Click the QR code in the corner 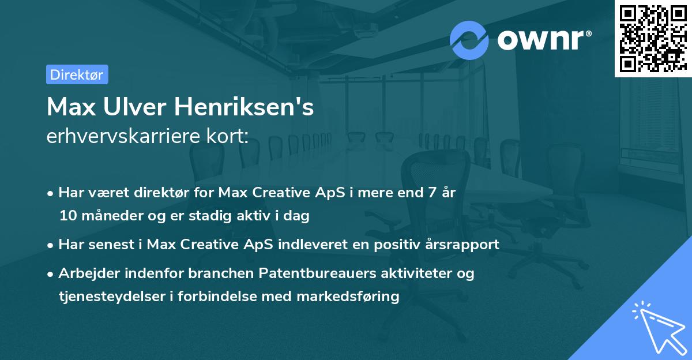[653, 38]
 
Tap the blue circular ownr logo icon [469, 40]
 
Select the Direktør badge [77, 74]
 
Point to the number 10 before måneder [67, 216]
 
